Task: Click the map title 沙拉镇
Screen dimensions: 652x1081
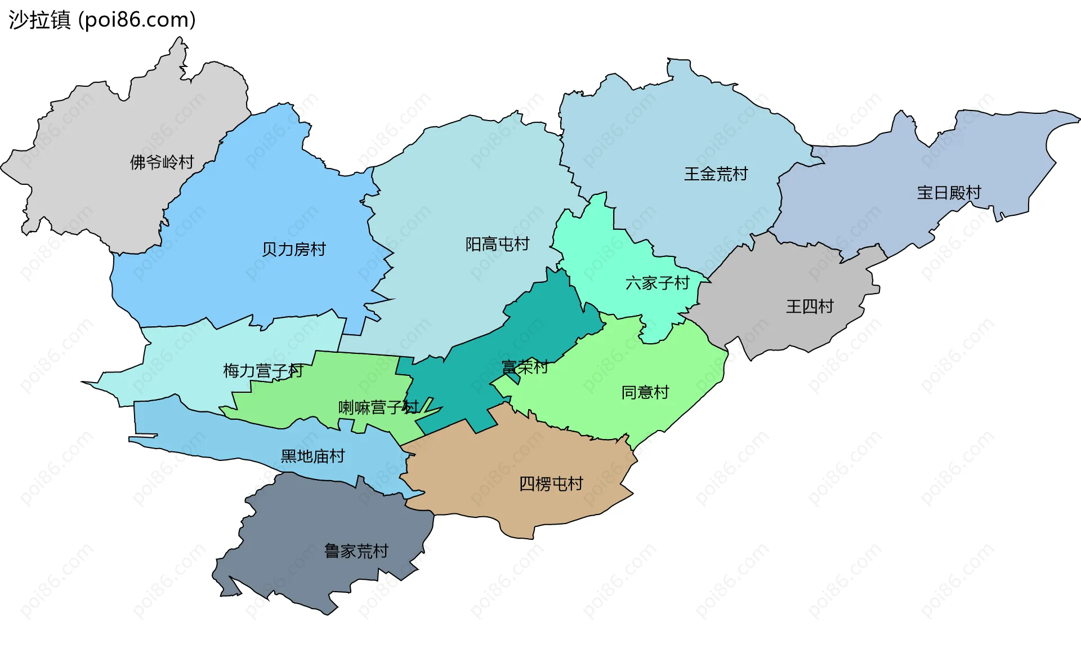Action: pos(39,20)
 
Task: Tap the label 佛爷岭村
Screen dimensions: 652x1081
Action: pos(162,162)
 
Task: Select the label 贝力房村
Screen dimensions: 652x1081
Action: pos(293,249)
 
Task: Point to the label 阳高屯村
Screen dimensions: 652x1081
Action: pos(497,244)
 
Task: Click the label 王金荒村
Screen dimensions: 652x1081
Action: pos(716,174)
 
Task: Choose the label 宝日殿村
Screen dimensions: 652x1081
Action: pos(949,193)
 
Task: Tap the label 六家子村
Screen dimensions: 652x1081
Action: pos(657,283)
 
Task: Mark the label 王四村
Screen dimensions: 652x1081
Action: pos(809,307)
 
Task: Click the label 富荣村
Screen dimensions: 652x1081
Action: pos(524,367)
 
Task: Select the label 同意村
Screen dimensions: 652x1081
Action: pos(645,392)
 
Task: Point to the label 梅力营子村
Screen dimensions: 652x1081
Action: pos(263,371)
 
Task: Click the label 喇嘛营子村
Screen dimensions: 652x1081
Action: pos(378,407)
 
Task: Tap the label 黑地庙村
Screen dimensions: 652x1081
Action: pos(312,456)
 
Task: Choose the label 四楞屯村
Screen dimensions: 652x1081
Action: pos(551,484)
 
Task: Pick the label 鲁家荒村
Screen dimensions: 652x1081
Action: pos(356,551)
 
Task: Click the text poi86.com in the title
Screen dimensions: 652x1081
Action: pos(137,20)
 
